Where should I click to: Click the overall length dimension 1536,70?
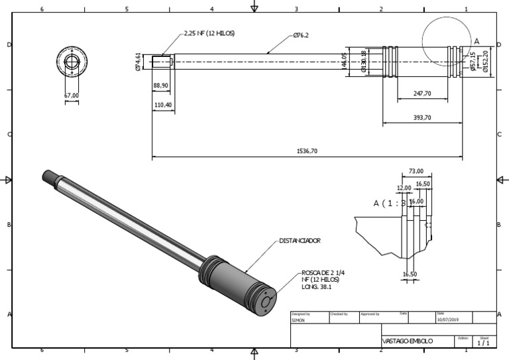point(306,151)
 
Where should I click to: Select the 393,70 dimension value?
point(422,117)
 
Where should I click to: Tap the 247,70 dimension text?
point(422,94)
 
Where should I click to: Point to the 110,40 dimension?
point(162,105)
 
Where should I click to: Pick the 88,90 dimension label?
point(161,86)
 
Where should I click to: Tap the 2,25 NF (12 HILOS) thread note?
point(209,32)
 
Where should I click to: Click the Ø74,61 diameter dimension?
point(138,62)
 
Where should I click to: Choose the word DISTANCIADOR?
point(300,241)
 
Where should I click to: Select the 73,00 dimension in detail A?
point(416,171)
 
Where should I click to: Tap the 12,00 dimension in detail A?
point(404,188)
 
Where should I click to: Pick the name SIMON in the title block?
point(298,320)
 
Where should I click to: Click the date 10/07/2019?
point(447,320)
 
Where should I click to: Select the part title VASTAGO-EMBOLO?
point(408,341)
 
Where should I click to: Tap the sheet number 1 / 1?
point(483,343)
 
